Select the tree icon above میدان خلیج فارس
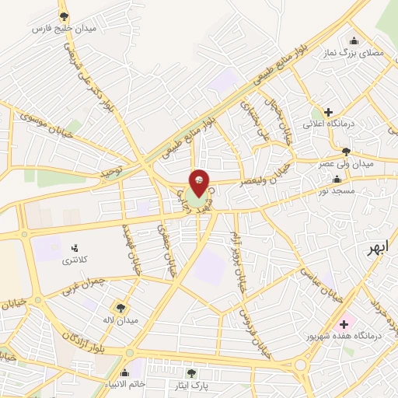click(x=64, y=16)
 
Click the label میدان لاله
click(x=122, y=320)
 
